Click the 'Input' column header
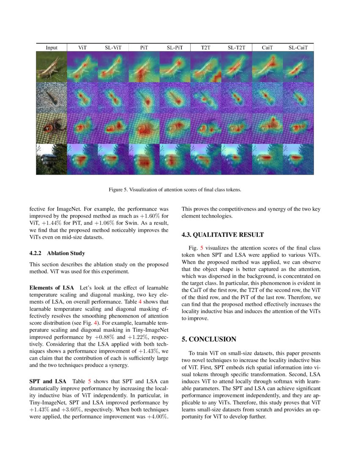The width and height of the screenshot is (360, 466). coord(52,48)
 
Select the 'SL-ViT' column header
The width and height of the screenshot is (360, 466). coord(113,48)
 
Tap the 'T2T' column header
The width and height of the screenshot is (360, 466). coord(206,48)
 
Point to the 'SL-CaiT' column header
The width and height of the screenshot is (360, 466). coord(298,48)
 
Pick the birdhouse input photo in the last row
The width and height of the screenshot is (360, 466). coord(52,159)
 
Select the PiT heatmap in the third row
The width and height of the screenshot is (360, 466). coord(144,128)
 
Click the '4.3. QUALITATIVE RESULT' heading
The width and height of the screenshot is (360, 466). coord(222,235)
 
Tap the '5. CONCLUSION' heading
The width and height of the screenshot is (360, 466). coord(209,339)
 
